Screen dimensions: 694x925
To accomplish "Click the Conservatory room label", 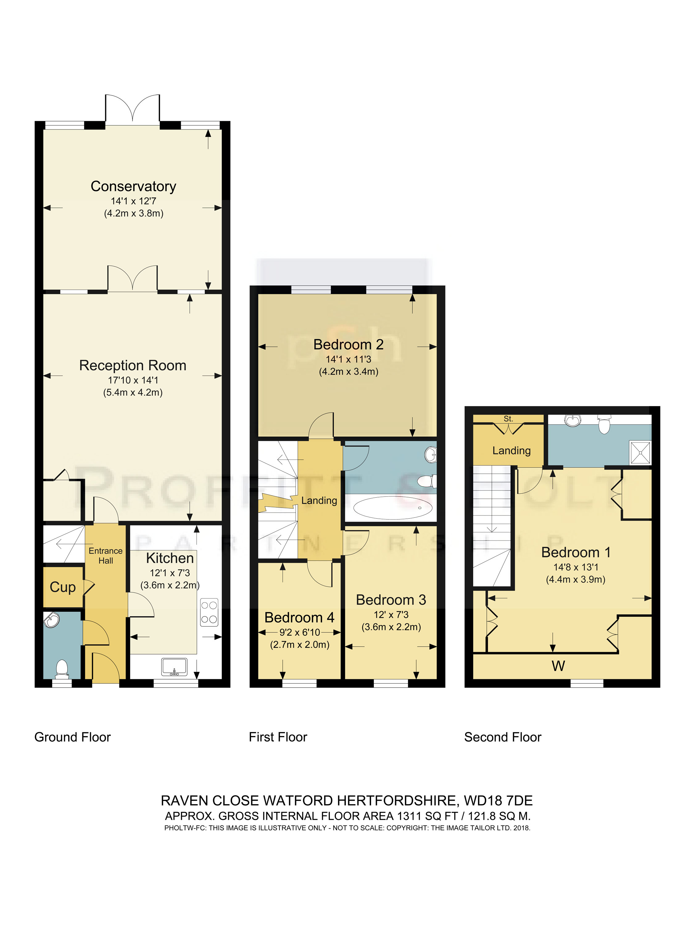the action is (134, 187).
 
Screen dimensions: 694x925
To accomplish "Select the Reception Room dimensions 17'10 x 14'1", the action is (133, 380).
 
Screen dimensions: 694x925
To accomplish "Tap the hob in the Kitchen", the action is (209, 613).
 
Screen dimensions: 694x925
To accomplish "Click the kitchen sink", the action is (174, 667).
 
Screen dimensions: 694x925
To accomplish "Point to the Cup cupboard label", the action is (63, 587).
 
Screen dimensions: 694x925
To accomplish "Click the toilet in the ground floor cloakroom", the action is (62, 669).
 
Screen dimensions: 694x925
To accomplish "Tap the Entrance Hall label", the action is (105, 556).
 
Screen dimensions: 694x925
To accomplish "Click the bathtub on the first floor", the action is (393, 508).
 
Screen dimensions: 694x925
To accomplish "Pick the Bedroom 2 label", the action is (349, 345).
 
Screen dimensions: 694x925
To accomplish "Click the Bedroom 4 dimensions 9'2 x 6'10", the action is (300, 632).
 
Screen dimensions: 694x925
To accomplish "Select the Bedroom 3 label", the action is (391, 600).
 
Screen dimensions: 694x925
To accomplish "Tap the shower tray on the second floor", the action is (640, 452).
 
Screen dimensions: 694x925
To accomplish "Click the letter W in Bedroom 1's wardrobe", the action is (559, 666).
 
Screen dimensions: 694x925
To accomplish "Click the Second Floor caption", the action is (503, 737).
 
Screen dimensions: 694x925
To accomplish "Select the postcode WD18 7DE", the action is (498, 801).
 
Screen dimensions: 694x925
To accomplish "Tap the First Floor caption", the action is (278, 737).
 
